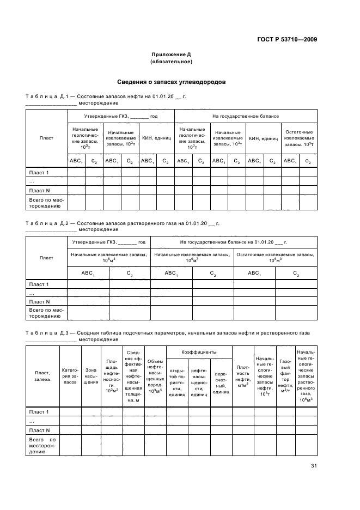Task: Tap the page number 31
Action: (314, 465)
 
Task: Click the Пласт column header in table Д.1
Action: (46, 138)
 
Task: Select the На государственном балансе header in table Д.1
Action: (246, 116)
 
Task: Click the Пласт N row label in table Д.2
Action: (39, 301)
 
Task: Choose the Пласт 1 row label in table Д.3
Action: (39, 411)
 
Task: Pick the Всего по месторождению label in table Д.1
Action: (46, 203)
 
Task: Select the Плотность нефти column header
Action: (243, 375)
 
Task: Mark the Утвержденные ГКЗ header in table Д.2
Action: (108, 241)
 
